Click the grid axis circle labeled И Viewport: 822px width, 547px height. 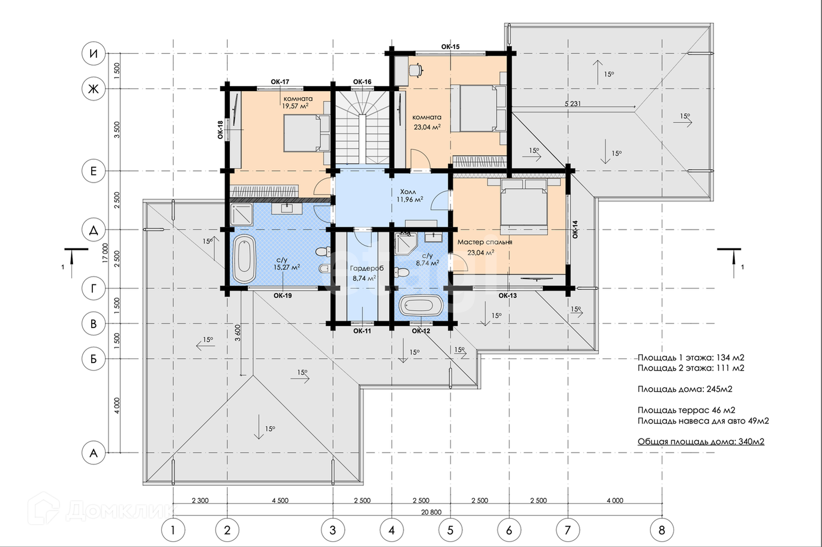point(93,54)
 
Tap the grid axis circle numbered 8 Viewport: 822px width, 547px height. point(662,530)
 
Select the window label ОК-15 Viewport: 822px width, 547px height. point(450,47)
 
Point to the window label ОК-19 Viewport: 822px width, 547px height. point(283,295)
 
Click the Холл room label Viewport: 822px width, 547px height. point(408,192)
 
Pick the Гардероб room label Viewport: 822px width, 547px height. point(366,268)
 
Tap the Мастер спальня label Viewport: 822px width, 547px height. point(485,242)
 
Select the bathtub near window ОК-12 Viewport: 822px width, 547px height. point(420,306)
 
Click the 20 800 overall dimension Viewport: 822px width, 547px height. point(431,512)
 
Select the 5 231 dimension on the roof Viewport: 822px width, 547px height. point(573,104)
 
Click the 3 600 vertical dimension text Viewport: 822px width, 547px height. point(238,333)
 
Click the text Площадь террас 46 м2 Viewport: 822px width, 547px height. point(686,410)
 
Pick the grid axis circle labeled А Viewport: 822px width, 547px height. point(93,453)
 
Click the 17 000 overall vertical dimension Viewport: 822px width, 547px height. point(105,253)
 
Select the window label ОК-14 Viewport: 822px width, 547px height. point(575,229)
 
